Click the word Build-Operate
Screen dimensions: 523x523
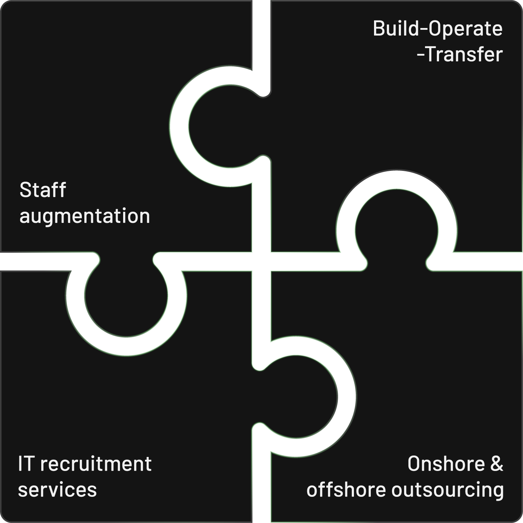[438, 29]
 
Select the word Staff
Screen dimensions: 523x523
[43, 190]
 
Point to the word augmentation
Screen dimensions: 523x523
[85, 216]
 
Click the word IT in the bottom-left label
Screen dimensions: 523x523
[26, 464]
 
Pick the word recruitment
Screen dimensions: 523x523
[96, 464]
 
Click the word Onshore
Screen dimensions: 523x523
[446, 464]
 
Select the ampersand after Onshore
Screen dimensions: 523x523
[497, 464]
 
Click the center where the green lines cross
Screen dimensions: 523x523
[261, 261]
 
